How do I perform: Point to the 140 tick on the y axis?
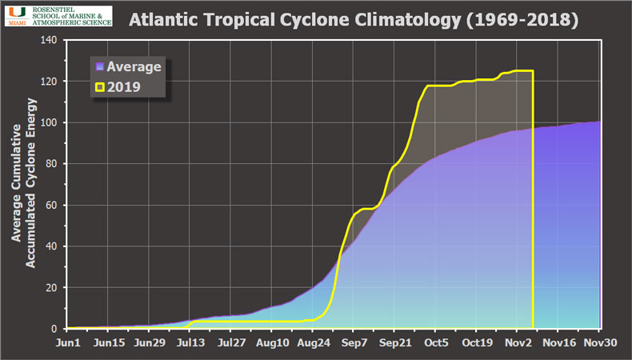(x=50, y=40)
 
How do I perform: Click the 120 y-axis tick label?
(x=50, y=82)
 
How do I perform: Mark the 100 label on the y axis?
(x=50, y=122)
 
